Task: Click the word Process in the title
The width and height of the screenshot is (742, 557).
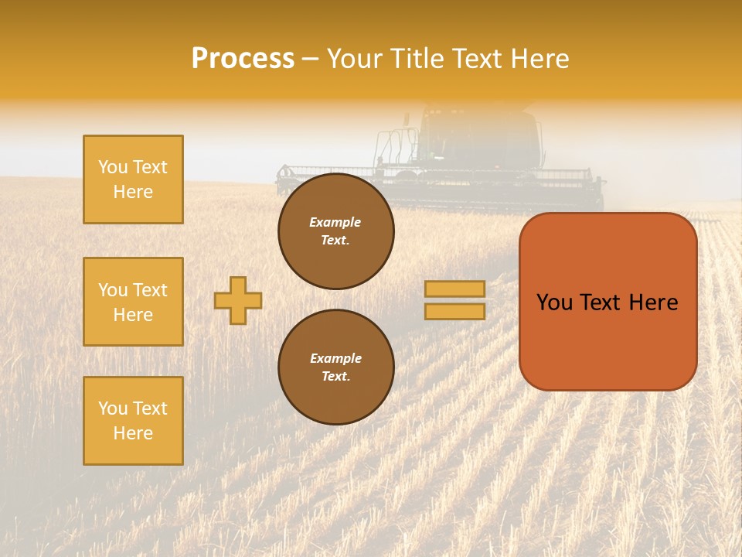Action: click(x=243, y=59)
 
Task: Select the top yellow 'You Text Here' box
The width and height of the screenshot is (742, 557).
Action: click(x=133, y=179)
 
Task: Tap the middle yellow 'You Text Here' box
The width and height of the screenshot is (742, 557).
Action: click(x=133, y=302)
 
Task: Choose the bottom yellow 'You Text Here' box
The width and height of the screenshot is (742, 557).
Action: click(x=133, y=421)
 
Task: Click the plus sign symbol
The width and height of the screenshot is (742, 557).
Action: click(x=238, y=300)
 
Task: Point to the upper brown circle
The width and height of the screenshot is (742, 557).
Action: click(x=336, y=231)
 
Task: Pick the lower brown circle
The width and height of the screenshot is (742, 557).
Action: click(x=336, y=367)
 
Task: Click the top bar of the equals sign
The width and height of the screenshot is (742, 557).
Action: click(x=455, y=289)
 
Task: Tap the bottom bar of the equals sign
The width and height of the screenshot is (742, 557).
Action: click(x=455, y=311)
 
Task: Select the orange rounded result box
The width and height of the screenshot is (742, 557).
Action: click(x=608, y=302)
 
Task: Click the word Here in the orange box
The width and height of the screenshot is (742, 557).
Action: click(x=653, y=302)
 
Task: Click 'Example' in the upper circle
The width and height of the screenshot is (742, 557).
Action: click(x=335, y=222)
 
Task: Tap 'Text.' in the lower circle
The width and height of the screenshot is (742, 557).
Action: click(x=335, y=377)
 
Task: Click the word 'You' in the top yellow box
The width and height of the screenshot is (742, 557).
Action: click(x=112, y=167)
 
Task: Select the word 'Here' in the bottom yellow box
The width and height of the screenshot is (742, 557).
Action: click(x=133, y=433)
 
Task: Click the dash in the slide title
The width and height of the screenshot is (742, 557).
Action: click(x=311, y=59)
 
